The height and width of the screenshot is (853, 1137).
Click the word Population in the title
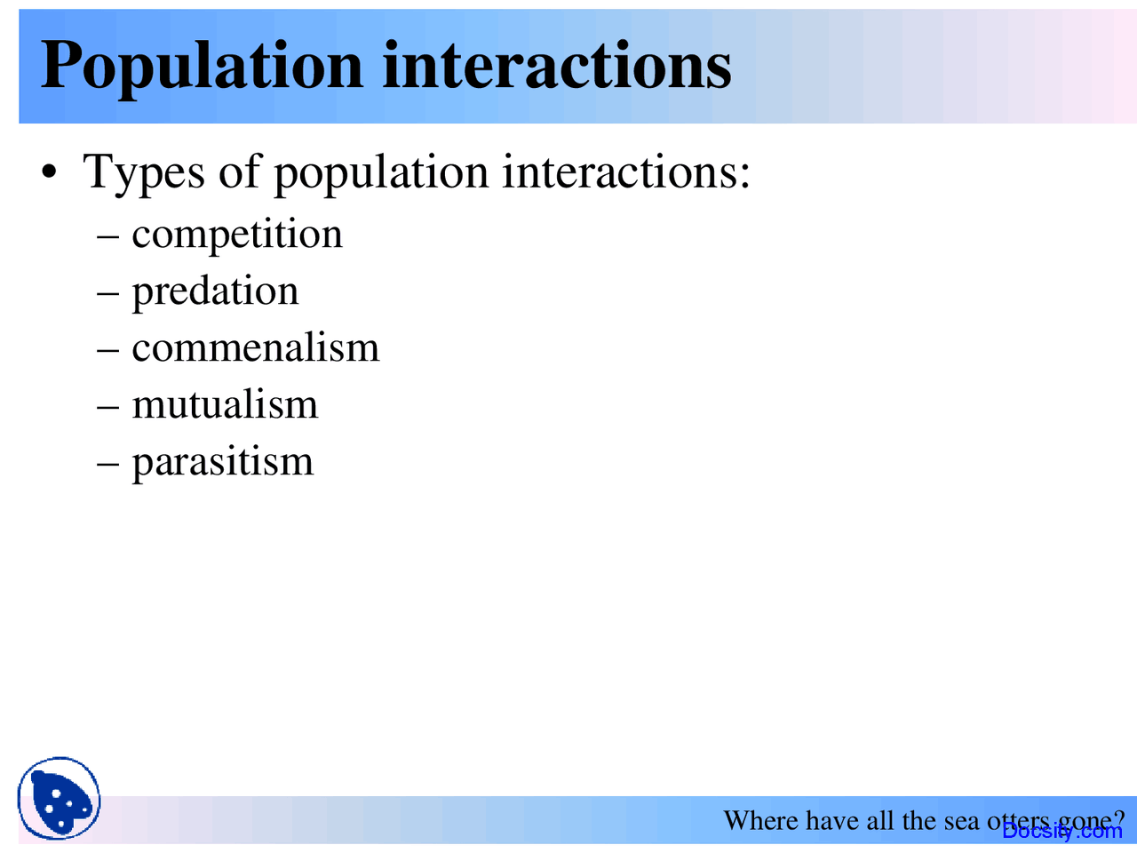[x=202, y=67]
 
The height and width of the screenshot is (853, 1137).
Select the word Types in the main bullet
[x=144, y=171]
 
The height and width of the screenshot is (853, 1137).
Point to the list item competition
[x=237, y=235]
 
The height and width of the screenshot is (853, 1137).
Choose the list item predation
[x=215, y=291]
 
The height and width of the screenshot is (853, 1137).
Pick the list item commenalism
[x=256, y=347]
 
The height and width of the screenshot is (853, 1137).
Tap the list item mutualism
[x=225, y=405]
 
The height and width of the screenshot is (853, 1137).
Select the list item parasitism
[x=223, y=462]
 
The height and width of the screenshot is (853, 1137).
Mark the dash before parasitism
[x=107, y=464]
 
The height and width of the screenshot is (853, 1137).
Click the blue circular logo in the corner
[x=59, y=798]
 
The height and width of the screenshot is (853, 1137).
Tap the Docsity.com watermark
[x=1062, y=831]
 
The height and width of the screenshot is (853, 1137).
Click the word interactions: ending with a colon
[x=626, y=171]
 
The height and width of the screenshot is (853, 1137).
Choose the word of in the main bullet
[x=241, y=171]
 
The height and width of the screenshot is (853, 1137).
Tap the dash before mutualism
[x=107, y=407]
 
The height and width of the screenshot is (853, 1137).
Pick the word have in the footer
[x=831, y=820]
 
